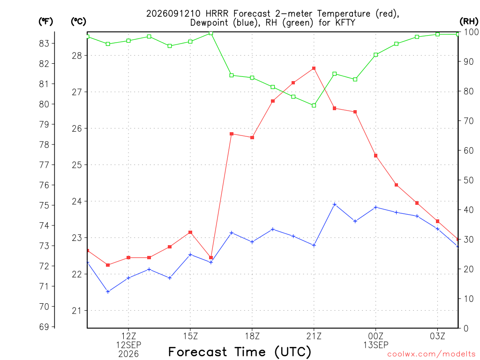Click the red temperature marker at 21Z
coord(314,68)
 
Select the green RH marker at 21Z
coord(314,105)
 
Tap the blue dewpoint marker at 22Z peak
coord(335,204)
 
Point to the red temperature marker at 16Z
coord(211,258)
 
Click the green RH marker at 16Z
coord(211,33)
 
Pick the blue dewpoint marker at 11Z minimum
coord(108,292)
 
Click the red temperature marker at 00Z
coord(376,156)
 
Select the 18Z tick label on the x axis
coord(252,337)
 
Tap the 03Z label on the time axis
coord(437,337)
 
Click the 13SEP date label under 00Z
coord(376,345)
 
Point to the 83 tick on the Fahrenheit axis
coord(44,44)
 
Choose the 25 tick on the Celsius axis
coord(77,165)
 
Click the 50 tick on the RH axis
coord(468,180)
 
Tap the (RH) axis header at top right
coord(469,22)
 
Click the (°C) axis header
coord(79,22)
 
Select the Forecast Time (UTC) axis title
coord(240,352)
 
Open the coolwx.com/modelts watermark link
coord(431,354)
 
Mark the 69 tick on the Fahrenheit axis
coord(44,327)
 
